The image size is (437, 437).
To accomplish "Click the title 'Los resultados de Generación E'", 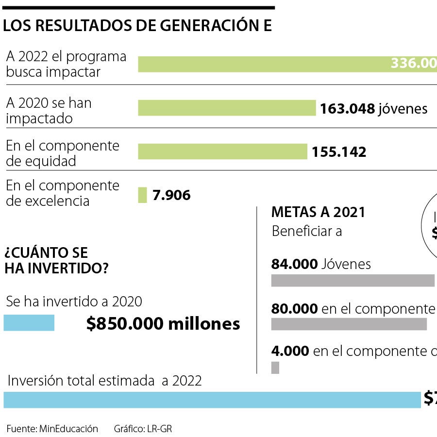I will (x=137, y=26).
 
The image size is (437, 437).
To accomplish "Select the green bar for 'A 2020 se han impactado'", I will (x=227, y=108).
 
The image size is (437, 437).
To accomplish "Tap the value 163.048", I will (x=347, y=108).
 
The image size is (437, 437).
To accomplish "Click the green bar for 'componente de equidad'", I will (x=222, y=151).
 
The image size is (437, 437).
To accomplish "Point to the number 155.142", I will (x=339, y=152).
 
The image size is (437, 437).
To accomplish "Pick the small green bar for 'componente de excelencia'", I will (x=142, y=195).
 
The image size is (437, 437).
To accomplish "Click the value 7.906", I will (x=171, y=195).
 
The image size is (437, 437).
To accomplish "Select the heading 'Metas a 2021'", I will (x=318, y=212).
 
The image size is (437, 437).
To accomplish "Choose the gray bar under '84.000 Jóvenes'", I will (x=353, y=281).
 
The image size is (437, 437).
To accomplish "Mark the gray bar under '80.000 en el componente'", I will (x=349, y=324).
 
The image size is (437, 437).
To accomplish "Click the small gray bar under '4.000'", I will (x=275, y=367).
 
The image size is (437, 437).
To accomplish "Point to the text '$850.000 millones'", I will (x=163, y=324).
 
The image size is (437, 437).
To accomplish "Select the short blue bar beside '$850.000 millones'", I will (x=29, y=323).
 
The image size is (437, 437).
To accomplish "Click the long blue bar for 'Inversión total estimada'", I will (x=212, y=400).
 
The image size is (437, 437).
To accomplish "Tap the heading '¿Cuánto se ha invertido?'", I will (x=56, y=260).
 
